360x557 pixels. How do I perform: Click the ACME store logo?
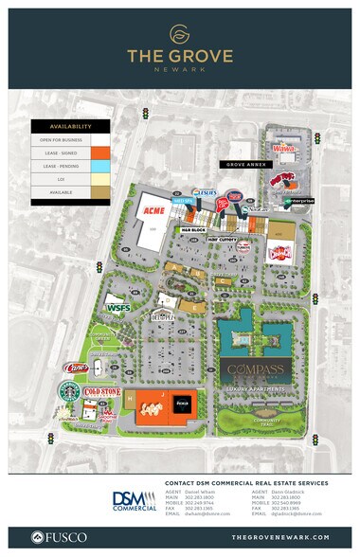coord(152,209)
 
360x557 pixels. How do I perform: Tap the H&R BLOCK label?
coord(193,230)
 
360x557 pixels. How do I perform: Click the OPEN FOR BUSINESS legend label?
coord(63,137)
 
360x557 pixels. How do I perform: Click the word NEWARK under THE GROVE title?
coord(180,69)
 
